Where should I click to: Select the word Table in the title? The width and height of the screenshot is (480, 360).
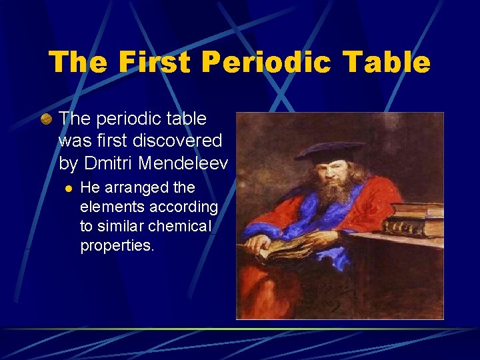(392, 62)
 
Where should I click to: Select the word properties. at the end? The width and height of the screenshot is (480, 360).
(117, 245)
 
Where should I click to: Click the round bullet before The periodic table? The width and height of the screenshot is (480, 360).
(46, 119)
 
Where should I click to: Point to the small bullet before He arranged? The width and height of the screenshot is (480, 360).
(67, 189)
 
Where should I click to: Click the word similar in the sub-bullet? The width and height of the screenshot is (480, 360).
(130, 226)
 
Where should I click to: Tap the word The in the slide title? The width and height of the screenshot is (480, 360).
(75, 62)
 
